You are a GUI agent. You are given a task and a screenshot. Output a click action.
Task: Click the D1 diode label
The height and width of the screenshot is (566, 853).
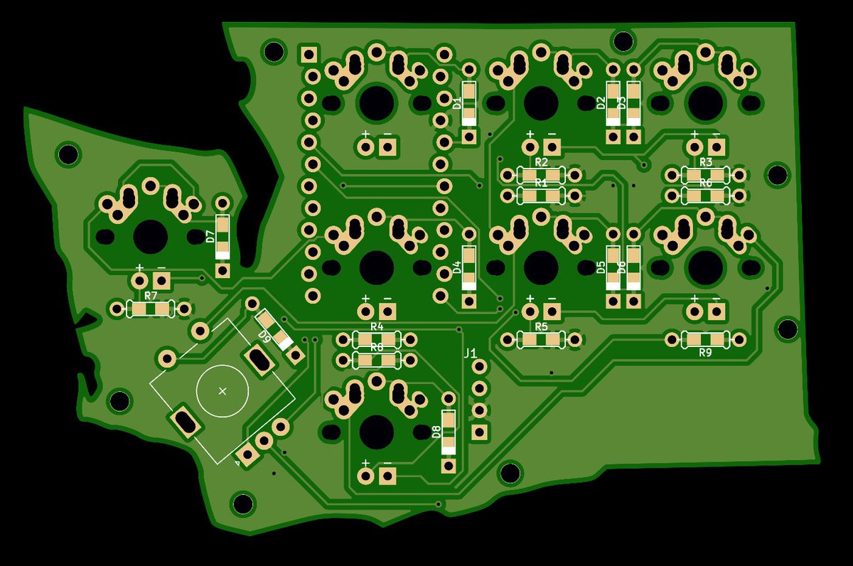tap(457, 103)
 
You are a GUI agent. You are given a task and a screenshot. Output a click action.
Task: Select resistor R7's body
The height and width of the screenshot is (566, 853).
tap(150, 308)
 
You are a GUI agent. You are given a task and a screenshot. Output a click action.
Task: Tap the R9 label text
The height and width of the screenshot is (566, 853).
tap(704, 352)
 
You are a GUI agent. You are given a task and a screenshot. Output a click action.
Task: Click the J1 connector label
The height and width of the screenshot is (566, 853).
tap(471, 353)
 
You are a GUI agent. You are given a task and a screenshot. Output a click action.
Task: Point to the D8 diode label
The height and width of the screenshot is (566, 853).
tap(436, 432)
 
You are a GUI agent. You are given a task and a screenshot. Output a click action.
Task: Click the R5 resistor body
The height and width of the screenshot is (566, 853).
tap(541, 340)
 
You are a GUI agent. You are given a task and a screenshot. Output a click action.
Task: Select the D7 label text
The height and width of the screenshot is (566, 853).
tap(210, 237)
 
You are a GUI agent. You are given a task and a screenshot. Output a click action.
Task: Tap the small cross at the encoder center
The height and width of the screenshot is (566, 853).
tap(222, 391)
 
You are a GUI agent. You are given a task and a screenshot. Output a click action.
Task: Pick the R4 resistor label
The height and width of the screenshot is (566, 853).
tap(377, 326)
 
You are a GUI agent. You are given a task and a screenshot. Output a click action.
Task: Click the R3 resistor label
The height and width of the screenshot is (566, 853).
tap(705, 162)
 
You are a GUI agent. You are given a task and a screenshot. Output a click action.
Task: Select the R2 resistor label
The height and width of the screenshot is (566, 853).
tap(541, 162)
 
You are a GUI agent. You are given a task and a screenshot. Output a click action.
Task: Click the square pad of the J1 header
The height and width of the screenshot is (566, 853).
tap(480, 432)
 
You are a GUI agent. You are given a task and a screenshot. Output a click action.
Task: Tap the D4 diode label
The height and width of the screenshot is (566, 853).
tap(457, 268)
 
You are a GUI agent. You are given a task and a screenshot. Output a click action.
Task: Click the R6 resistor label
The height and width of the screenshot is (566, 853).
tap(705, 183)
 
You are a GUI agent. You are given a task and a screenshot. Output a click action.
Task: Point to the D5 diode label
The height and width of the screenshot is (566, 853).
tap(601, 267)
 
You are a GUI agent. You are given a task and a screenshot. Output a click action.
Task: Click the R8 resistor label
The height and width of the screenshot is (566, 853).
tap(377, 348)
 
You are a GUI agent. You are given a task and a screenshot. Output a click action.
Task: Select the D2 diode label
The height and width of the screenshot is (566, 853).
tap(601, 103)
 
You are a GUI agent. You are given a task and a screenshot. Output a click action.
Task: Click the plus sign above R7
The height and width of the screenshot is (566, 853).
tap(139, 268)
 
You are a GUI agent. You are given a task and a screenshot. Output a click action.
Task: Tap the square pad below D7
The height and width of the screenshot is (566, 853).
tap(223, 270)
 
